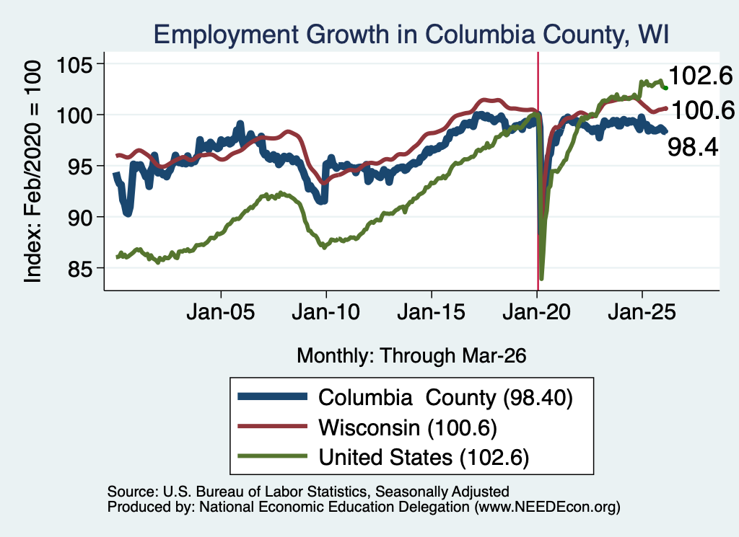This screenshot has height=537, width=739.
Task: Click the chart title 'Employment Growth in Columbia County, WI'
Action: (411, 35)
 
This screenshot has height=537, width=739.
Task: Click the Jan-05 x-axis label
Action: (221, 312)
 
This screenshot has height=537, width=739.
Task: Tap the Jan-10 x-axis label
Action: (326, 312)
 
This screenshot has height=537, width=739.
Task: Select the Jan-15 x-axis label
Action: (432, 312)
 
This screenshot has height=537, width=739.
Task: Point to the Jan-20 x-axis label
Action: (537, 312)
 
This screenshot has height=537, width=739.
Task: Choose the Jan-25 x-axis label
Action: (642, 312)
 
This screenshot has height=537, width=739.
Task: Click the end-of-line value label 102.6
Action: (701, 76)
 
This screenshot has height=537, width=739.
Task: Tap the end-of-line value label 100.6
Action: (702, 110)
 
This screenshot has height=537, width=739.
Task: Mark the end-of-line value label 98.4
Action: (693, 147)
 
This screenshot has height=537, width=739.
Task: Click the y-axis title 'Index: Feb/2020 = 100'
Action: (32, 172)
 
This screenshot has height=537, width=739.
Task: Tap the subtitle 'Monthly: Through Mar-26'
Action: (411, 355)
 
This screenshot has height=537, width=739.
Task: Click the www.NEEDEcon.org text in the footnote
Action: (547, 507)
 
